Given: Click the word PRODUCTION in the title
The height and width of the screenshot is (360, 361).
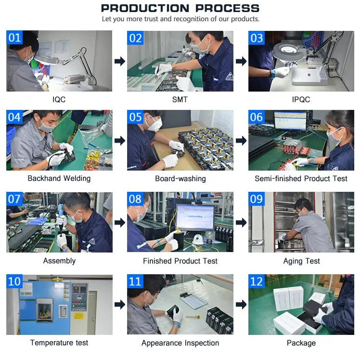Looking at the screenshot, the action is tap(145, 8).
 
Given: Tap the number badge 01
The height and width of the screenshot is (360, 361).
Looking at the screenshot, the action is tap(14, 37).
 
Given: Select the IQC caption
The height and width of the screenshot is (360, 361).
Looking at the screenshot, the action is tap(59, 99).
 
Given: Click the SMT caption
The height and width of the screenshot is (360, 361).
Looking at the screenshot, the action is tap(180, 99).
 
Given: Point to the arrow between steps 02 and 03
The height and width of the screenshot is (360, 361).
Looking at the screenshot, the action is tap(241, 61).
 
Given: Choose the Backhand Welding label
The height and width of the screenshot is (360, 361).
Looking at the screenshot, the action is tap(59, 178).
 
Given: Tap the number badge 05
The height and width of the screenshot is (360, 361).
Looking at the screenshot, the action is tap(135, 117).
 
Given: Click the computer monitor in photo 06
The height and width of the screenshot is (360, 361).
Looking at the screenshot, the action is tap(291, 120).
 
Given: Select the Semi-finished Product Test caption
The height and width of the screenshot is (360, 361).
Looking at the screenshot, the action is tap(301, 178).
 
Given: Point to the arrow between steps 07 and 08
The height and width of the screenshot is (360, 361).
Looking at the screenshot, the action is tap(120, 222).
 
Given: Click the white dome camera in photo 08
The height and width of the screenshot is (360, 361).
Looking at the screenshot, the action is tap(198, 239).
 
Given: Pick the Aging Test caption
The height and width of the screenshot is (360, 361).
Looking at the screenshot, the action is tap(301, 261).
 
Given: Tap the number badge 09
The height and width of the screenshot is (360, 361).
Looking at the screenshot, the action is tap(256, 199).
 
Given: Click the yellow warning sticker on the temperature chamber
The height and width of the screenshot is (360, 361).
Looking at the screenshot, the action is tap(79, 316).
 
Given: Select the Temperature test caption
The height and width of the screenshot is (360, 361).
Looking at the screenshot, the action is tap(59, 343).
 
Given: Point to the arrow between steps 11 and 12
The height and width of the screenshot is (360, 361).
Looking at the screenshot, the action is tap(241, 305).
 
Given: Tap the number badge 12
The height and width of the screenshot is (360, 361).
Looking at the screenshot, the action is tap(256, 281).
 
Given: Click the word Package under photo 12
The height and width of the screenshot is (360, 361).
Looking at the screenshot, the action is tap(301, 343).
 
